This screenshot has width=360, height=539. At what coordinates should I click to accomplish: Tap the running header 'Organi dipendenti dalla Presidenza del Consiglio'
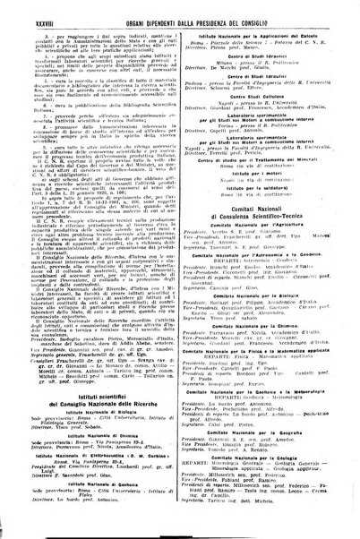188,11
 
